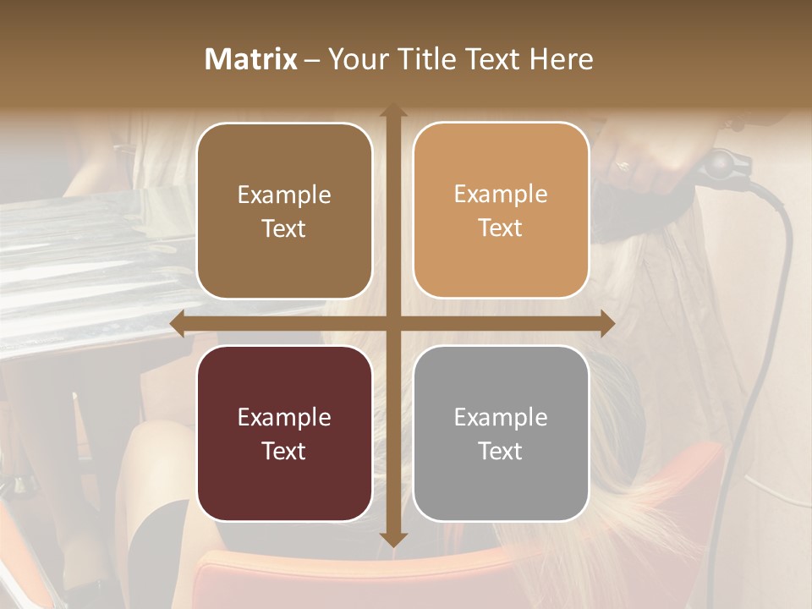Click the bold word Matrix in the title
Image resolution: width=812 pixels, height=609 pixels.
[x=251, y=59]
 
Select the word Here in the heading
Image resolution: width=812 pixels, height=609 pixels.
[x=561, y=59]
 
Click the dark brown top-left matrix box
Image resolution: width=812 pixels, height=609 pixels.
[x=284, y=211]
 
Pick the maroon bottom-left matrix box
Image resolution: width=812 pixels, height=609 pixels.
[x=284, y=433]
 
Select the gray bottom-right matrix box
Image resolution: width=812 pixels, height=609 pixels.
[x=501, y=433]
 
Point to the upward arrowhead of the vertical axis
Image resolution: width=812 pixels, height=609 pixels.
[x=392, y=112]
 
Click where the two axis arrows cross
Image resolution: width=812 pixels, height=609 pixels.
[x=392, y=324]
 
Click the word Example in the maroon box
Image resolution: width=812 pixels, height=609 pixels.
[x=284, y=417]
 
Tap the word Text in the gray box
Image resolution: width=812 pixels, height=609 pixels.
[x=501, y=451]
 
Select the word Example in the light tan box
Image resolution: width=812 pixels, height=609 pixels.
[x=501, y=194]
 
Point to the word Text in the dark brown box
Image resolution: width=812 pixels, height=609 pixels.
[x=284, y=228]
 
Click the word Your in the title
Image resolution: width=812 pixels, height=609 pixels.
[x=354, y=59]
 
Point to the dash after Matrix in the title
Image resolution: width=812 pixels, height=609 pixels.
[x=312, y=60]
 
